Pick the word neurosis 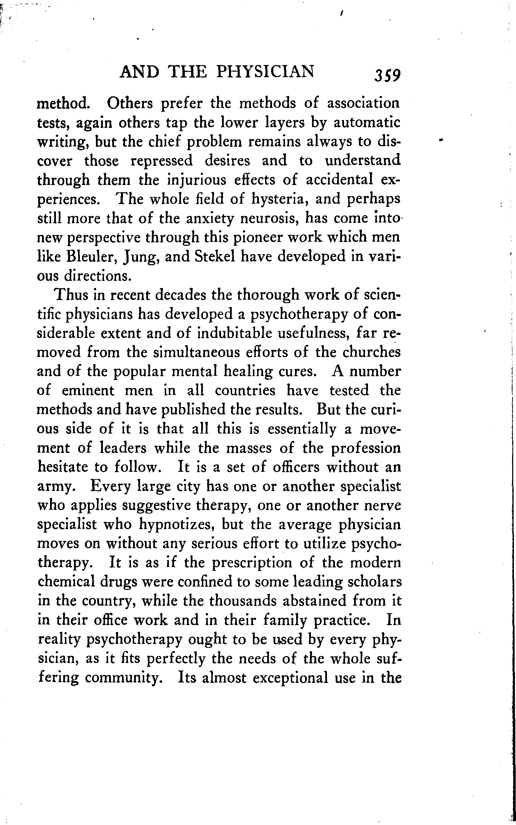(x=270, y=218)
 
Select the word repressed (x=161, y=161)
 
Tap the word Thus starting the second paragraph (x=73, y=295)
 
